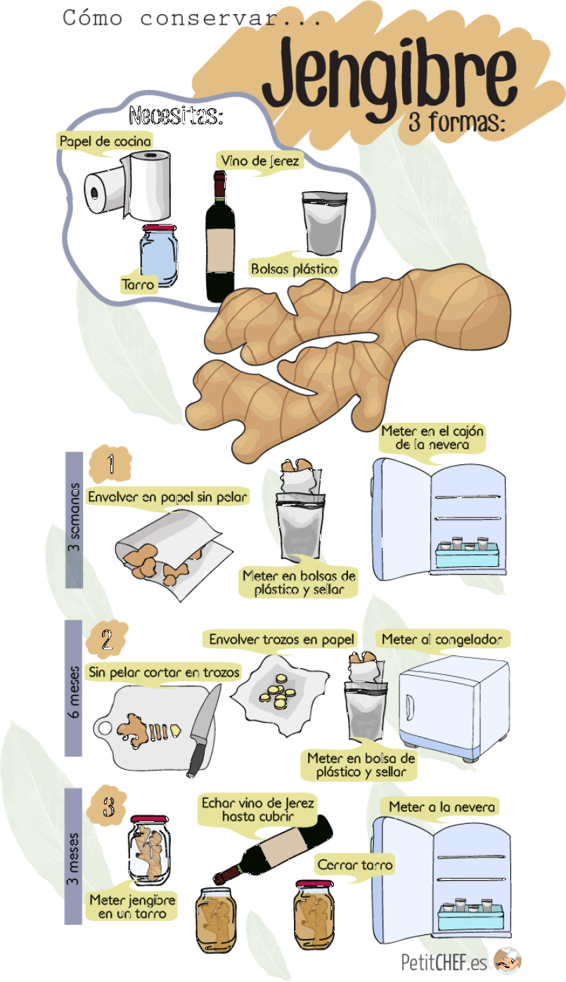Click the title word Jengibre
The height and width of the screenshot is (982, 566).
pyautogui.click(x=390, y=79)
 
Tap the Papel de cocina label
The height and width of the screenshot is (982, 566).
pyautogui.click(x=105, y=141)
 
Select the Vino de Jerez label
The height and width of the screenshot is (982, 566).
pyautogui.click(x=259, y=161)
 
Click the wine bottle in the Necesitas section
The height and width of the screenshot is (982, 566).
pyautogui.click(x=220, y=237)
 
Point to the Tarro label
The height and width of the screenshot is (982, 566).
pyautogui.click(x=138, y=285)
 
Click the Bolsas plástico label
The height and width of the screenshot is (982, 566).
pyautogui.click(x=294, y=268)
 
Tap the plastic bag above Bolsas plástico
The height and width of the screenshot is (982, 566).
pyautogui.click(x=324, y=223)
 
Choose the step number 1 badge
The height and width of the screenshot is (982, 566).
pyautogui.click(x=110, y=464)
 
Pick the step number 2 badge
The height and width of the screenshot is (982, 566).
pyautogui.click(x=107, y=640)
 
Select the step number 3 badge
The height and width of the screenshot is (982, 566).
pyautogui.click(x=108, y=806)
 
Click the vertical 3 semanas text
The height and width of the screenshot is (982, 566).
pyautogui.click(x=74, y=517)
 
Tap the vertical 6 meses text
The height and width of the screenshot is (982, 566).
pyautogui.click(x=74, y=692)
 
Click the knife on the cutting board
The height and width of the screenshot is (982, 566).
pyautogui.click(x=204, y=731)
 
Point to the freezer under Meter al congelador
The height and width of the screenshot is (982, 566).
pyautogui.click(x=454, y=709)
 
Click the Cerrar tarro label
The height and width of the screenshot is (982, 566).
pyautogui.click(x=355, y=865)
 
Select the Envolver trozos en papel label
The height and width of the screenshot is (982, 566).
pyautogui.click(x=281, y=639)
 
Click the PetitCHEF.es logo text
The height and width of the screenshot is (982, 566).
pyautogui.click(x=444, y=963)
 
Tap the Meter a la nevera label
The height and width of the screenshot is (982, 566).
pyautogui.click(x=442, y=806)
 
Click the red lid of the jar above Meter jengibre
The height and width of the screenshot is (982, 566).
pyautogui.click(x=150, y=819)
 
